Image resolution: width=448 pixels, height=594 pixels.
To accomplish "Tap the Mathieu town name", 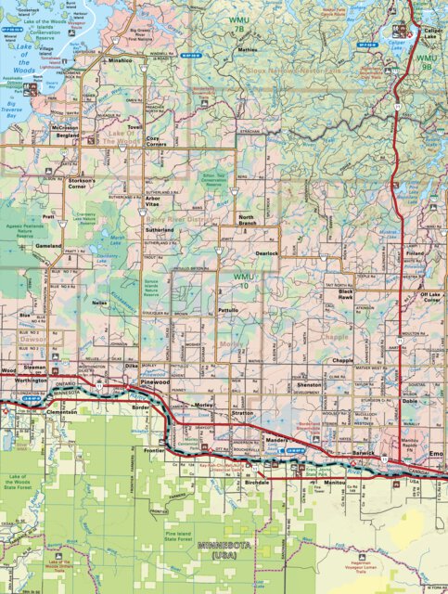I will (x=247, y=49).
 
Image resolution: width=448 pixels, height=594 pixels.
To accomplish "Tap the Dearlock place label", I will (x=267, y=252).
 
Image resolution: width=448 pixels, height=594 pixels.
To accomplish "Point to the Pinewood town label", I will (x=154, y=381).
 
